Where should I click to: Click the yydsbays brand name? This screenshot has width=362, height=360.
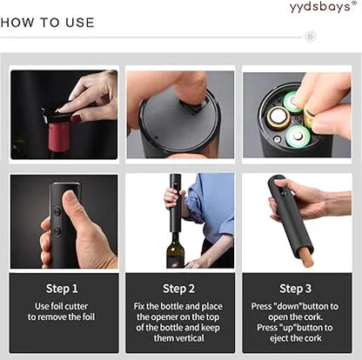pyautogui.click(x=320, y=7)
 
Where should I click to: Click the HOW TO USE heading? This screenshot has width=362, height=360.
pyautogui.click(x=48, y=23)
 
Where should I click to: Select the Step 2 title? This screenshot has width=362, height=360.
pyautogui.click(x=180, y=288)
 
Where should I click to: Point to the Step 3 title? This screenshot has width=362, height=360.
pyautogui.click(x=297, y=288)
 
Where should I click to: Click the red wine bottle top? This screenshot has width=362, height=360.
pyautogui.click(x=57, y=135)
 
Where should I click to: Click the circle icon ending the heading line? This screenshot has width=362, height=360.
pyautogui.click(x=311, y=37)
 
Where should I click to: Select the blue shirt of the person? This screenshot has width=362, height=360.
pyautogui.click(x=211, y=204)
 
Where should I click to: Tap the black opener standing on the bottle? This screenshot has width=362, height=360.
pyautogui.click(x=175, y=203)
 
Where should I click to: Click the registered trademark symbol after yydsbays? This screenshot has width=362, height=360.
pyautogui.click(x=353, y=3)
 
